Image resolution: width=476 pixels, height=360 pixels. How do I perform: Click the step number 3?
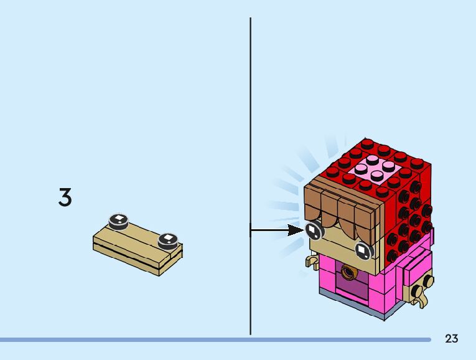coord(65,198)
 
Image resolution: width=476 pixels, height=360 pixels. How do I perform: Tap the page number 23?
coord(452,338)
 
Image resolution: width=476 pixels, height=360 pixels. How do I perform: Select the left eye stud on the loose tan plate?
coord(118,220)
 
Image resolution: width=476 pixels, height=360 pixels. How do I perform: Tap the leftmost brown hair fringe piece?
coord(314,206)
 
